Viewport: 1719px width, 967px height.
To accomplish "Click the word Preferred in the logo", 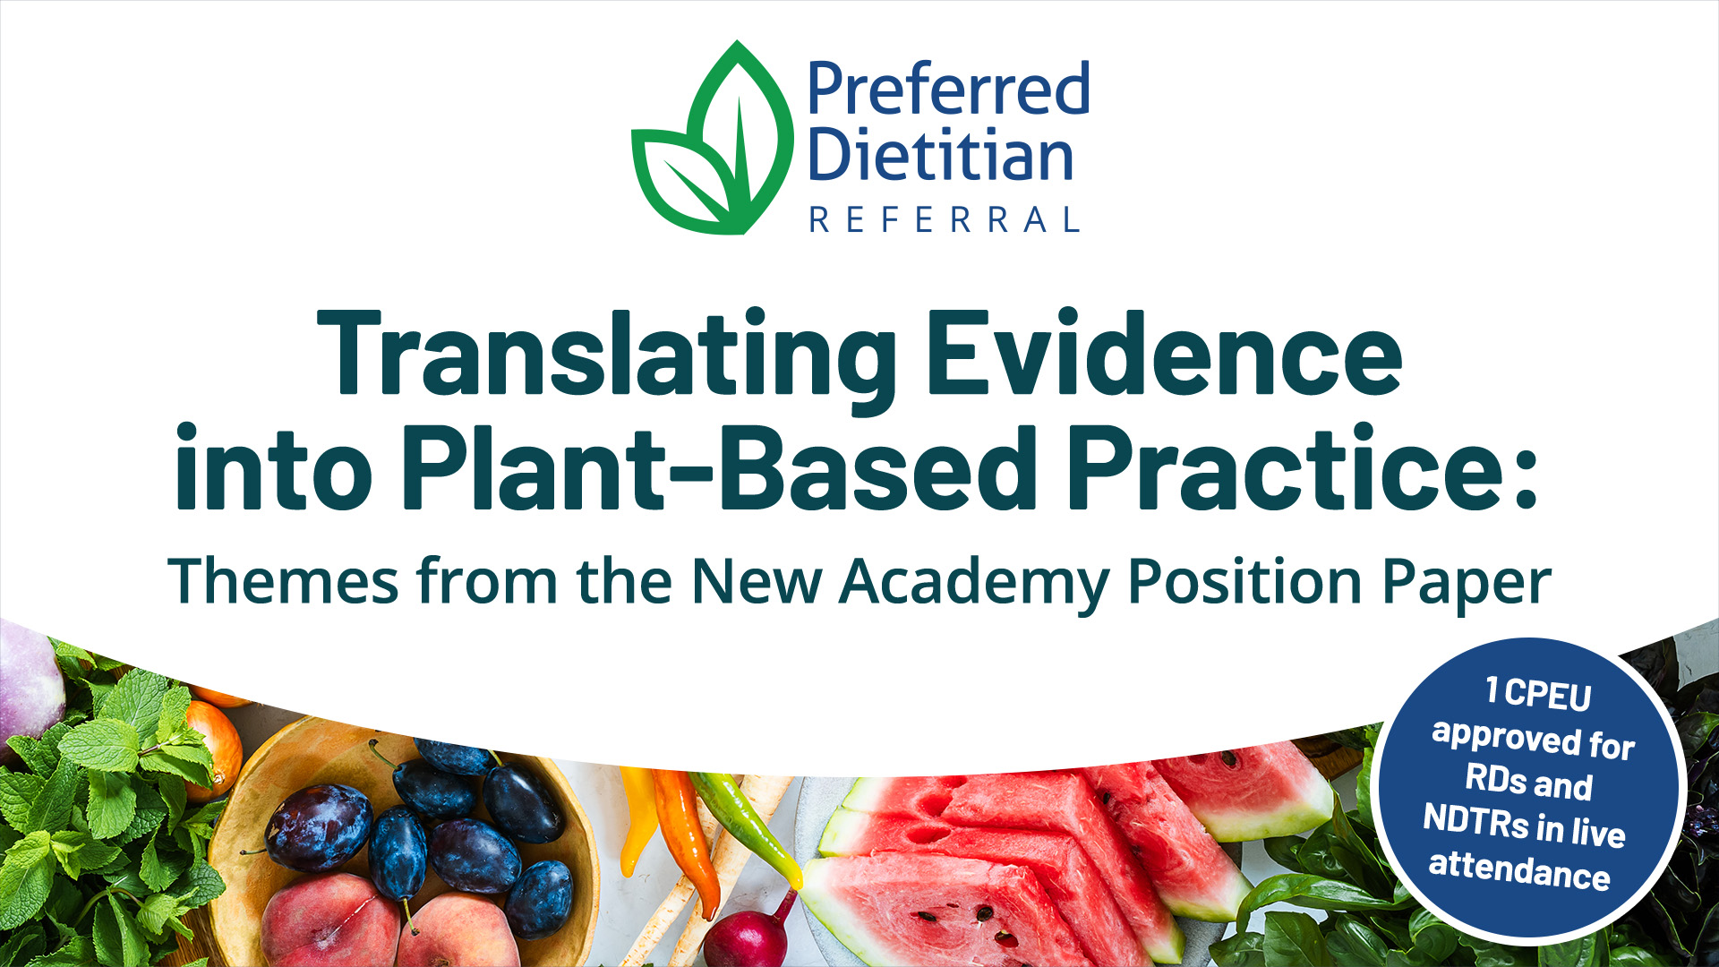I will (x=948, y=90).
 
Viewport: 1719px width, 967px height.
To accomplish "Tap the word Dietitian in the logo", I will (x=940, y=157).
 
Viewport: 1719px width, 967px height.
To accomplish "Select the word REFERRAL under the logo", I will (x=945, y=220).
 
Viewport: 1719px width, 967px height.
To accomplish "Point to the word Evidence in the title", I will (x=1164, y=354).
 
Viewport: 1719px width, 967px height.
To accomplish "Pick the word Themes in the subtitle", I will (x=282, y=582).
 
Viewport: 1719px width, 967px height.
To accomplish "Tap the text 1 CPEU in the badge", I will (x=1537, y=693).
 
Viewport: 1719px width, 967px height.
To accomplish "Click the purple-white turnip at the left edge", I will (x=27, y=680).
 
